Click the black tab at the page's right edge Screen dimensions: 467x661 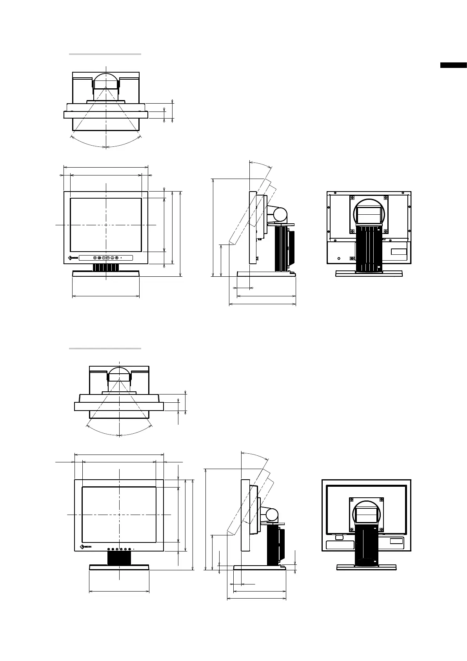pos(453,65)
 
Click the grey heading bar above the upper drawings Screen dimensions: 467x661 pos(105,54)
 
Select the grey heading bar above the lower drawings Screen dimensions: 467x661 pos(105,348)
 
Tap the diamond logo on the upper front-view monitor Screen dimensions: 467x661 pos(70,258)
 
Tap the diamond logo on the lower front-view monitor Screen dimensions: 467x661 pos(82,547)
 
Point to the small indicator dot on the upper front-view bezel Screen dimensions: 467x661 pos(121,258)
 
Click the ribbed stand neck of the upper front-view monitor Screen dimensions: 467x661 pos(106,267)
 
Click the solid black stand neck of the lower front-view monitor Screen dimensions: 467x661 pos(119,558)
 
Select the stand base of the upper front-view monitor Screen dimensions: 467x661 pos(106,274)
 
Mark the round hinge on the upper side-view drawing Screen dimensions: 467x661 pos(280,214)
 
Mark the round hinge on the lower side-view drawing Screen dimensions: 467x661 pos(271,514)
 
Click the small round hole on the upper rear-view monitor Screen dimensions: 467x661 pos(340,258)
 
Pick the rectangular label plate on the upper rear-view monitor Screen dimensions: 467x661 pos(399,253)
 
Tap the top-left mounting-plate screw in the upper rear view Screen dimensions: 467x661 pos(352,198)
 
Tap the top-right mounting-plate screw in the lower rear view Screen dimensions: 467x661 pos(380,500)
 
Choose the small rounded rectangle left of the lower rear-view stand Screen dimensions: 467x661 pos(340,537)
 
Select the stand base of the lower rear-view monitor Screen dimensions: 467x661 pos(366,567)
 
